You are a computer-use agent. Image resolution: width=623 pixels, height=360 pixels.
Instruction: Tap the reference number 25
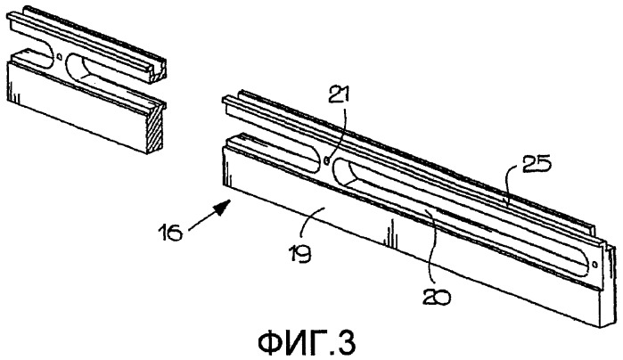point(536,164)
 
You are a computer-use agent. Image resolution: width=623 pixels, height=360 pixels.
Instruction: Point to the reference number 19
point(301,255)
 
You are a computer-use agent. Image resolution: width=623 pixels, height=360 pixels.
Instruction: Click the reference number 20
point(436,297)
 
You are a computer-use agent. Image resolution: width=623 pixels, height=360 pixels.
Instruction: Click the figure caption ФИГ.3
point(307,343)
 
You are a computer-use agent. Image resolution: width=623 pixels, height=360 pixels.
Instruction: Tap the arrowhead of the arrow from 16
point(223,207)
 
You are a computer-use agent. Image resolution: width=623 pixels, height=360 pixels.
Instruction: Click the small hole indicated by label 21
point(327,160)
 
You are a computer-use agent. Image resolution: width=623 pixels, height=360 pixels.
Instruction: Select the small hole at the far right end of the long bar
point(594,265)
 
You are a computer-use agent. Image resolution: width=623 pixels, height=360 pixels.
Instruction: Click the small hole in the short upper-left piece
point(59,56)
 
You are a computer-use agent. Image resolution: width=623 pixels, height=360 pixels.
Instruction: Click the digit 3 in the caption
point(347,343)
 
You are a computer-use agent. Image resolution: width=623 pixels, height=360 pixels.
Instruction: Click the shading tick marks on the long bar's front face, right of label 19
point(391,233)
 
